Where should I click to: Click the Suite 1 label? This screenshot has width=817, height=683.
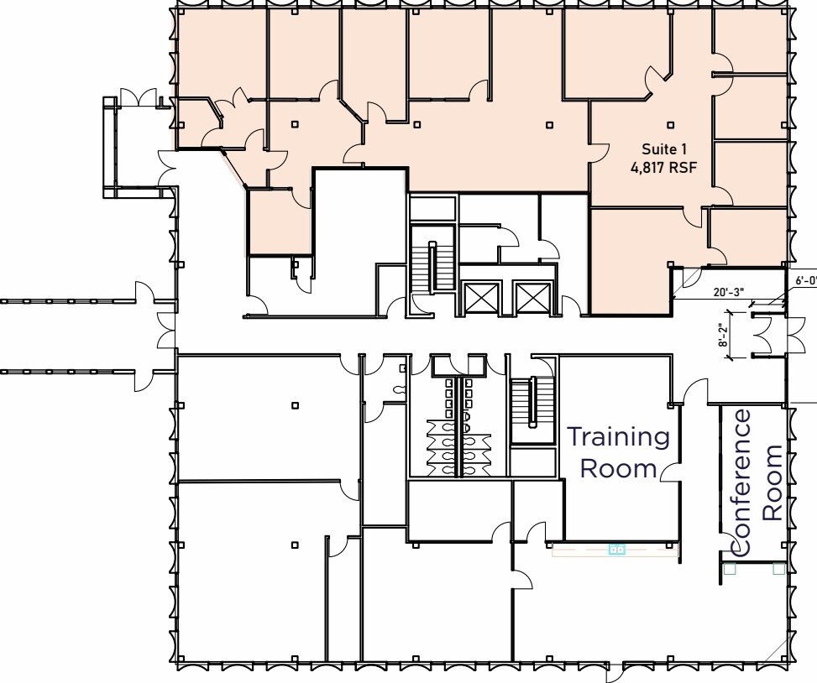[664, 149]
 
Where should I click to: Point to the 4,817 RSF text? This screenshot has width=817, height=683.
[664, 166]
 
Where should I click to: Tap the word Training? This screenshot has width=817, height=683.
[618, 437]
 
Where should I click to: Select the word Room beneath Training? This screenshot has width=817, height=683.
[618, 468]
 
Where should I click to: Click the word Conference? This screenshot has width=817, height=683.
[742, 482]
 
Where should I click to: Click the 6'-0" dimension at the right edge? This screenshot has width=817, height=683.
[805, 280]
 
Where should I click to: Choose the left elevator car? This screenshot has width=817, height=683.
[481, 297]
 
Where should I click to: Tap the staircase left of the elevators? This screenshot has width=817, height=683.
[432, 268]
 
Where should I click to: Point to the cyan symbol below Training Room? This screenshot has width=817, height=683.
[616, 550]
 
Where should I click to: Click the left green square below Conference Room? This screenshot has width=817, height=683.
[729, 568]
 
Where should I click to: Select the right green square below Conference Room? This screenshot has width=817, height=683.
[778, 568]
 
